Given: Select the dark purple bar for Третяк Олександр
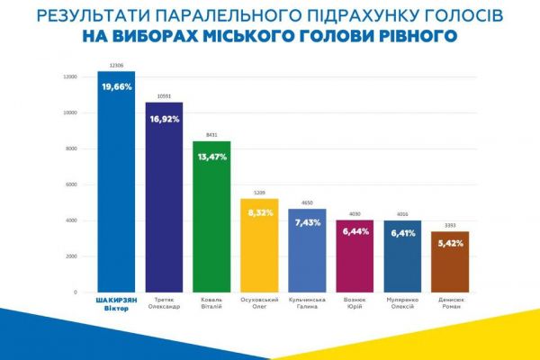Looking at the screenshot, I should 164,207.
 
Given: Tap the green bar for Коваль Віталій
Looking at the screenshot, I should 211,225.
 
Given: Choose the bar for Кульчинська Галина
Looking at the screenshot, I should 307,261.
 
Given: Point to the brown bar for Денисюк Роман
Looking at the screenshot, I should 450,270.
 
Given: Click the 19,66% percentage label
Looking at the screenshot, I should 116,86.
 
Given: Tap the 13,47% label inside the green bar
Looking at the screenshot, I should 211,157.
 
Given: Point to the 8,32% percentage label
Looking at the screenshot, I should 259,214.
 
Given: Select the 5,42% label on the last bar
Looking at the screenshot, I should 450,244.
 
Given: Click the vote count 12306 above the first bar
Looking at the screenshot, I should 116,66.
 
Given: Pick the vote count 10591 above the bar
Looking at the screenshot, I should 164,96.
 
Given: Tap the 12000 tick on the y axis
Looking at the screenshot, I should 69,76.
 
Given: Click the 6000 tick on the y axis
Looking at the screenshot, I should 71,184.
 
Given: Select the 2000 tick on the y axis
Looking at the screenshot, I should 71,256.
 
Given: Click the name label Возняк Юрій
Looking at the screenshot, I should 355,303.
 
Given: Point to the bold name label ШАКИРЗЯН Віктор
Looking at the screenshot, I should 116,304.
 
